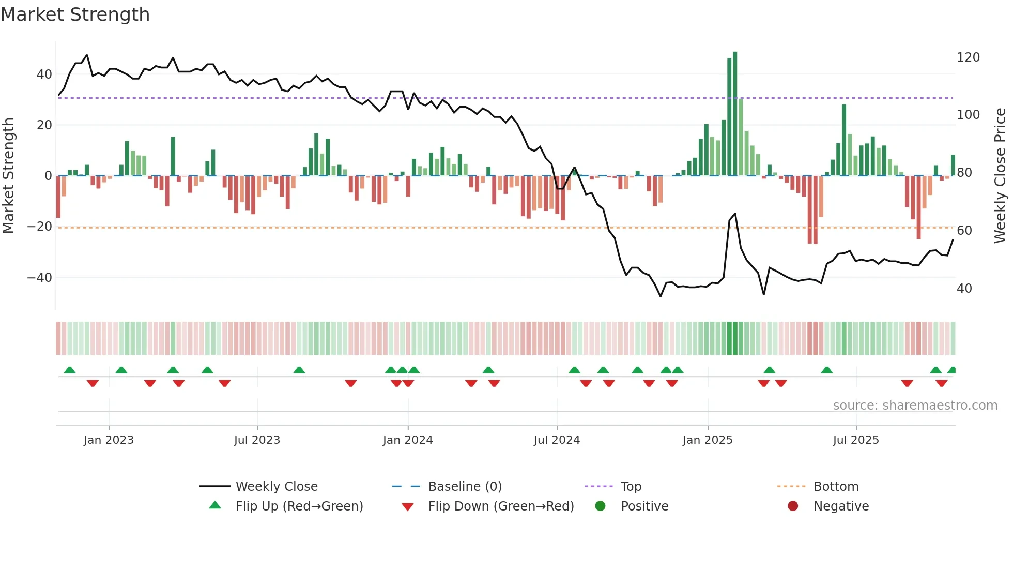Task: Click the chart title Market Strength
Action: [x=75, y=14]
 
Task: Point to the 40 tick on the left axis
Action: [x=44, y=74]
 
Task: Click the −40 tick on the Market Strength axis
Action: [x=40, y=278]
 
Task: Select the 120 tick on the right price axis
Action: [x=968, y=57]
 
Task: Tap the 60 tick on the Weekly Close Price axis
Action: [x=964, y=231]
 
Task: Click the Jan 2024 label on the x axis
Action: [x=407, y=440]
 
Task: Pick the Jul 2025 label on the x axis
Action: [x=855, y=440]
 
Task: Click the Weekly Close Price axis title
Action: [x=1000, y=176]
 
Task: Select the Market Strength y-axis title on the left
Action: [x=9, y=176]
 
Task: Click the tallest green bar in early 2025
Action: [x=735, y=114]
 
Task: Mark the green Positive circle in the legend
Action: [x=600, y=506]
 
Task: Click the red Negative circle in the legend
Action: [x=792, y=506]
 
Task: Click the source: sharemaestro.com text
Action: [x=915, y=406]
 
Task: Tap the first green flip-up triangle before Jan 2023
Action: [x=70, y=370]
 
